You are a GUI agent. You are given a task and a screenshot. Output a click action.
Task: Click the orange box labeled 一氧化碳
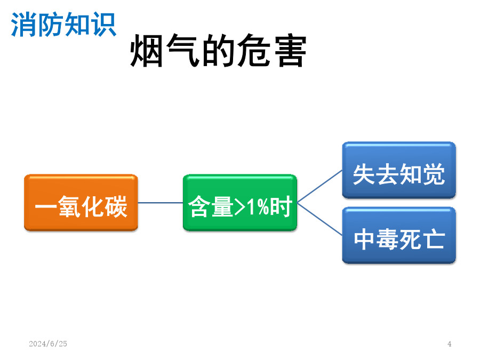tap(81, 203)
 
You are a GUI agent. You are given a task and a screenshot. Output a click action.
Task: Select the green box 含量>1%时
tap(240, 203)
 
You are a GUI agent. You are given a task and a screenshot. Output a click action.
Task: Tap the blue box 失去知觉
tap(399, 170)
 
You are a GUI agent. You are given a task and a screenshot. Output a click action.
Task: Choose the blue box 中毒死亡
tap(399, 235)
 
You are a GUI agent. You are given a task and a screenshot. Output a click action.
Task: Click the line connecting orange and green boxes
tap(161, 203)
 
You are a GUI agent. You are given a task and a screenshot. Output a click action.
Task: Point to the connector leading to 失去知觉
tap(319, 187)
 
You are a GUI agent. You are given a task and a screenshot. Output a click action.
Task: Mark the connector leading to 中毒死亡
tap(319, 219)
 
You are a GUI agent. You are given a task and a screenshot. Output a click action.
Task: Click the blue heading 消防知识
tap(63, 25)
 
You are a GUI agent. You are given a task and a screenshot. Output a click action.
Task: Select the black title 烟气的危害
tap(218, 50)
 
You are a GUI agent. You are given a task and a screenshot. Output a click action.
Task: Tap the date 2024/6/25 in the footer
tap(48, 344)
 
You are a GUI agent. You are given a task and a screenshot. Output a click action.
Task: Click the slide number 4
tap(450, 344)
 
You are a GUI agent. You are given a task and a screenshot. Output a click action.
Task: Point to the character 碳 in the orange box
tap(116, 206)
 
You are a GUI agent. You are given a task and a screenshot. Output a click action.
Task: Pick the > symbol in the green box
tap(239, 207)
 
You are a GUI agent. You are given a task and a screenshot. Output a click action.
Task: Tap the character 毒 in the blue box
tap(387, 239)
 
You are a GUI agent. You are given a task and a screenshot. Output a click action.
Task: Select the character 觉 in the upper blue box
tap(434, 174)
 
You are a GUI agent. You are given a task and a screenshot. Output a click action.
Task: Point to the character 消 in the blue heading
tap(23, 25)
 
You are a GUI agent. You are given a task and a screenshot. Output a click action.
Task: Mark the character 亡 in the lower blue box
tap(434, 239)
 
